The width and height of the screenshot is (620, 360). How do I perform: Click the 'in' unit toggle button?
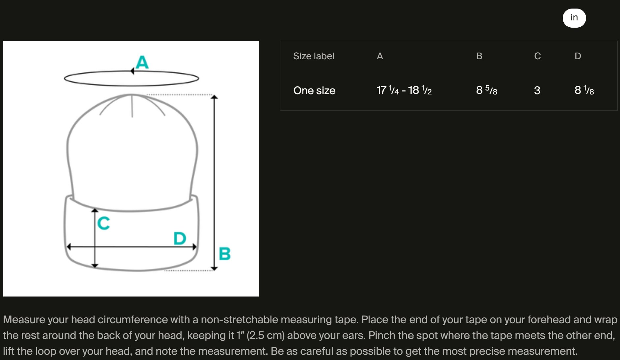(574, 18)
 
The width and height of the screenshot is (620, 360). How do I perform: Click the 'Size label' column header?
(314, 56)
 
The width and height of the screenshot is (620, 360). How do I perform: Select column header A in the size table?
(380, 56)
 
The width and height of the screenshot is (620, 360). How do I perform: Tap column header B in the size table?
(479, 56)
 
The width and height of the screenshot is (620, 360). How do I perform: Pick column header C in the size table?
(537, 56)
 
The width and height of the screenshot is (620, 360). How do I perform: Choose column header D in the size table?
(578, 56)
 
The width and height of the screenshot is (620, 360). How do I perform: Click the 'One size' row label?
(314, 90)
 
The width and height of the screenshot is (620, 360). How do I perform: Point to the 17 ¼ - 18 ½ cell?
(404, 90)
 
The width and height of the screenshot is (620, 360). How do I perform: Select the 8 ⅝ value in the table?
(487, 90)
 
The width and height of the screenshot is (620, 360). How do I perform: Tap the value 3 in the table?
(537, 90)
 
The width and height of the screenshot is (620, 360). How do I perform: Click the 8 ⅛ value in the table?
(584, 90)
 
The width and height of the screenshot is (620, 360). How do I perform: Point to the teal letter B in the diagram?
(225, 253)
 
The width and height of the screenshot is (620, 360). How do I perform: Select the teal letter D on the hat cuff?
(180, 238)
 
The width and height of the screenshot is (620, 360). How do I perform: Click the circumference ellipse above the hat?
(131, 86)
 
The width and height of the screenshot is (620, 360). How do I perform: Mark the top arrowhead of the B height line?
(214, 96)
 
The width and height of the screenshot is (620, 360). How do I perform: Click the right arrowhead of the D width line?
(195, 246)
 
